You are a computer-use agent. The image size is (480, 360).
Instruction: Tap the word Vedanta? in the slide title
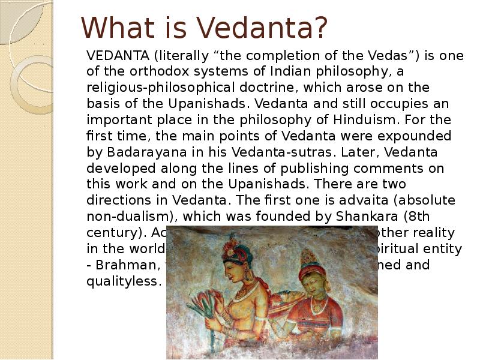click(263, 28)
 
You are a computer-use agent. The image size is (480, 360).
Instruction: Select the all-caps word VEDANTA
click(117, 56)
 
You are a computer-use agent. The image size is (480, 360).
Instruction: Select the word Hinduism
click(322, 119)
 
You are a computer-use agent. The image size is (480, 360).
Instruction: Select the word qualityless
click(124, 280)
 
